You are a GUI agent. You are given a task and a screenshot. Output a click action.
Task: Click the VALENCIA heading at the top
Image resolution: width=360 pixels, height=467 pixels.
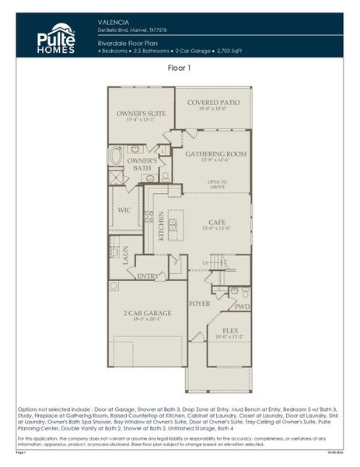114,23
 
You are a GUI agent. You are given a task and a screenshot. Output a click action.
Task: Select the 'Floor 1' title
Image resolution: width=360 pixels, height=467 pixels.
180,68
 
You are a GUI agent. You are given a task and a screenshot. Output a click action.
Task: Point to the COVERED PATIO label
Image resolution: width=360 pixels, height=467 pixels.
212,102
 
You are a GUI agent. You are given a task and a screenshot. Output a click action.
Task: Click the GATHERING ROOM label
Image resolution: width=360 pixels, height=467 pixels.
215,154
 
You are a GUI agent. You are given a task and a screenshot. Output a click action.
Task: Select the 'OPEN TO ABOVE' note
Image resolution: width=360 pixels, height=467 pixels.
217,184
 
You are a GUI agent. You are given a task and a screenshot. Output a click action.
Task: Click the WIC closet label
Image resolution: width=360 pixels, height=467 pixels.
124,210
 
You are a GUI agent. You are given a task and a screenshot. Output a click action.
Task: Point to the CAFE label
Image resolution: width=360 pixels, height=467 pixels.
217,222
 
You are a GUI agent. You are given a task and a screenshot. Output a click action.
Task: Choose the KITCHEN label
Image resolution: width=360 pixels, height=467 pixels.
162,226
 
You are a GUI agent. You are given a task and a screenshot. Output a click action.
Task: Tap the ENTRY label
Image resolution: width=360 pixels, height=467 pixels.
147,276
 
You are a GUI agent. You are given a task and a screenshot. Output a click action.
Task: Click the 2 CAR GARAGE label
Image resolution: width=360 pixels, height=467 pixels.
147,313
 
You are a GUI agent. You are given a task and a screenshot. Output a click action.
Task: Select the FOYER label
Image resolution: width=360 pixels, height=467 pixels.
200,304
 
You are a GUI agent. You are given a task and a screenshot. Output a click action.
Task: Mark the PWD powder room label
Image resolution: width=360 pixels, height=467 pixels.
242,307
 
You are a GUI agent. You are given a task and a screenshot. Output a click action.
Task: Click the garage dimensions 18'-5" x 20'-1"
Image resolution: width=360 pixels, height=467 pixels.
147,320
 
